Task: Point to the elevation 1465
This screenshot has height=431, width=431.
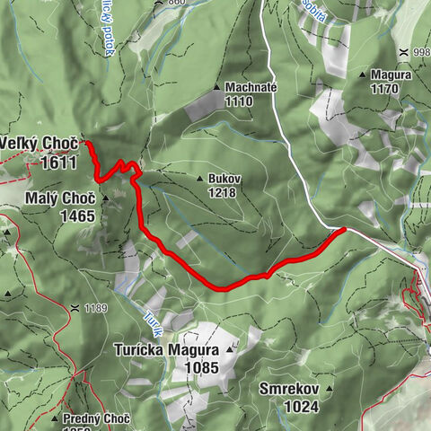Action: coord(78,215)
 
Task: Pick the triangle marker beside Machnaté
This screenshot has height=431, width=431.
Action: coord(216,87)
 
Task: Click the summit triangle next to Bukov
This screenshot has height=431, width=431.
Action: coord(199,179)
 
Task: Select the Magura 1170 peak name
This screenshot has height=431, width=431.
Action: coord(391,75)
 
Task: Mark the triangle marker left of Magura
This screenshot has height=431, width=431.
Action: coord(363,75)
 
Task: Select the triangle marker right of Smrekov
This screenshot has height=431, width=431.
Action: coord(329,390)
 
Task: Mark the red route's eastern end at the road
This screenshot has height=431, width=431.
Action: coord(343,231)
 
